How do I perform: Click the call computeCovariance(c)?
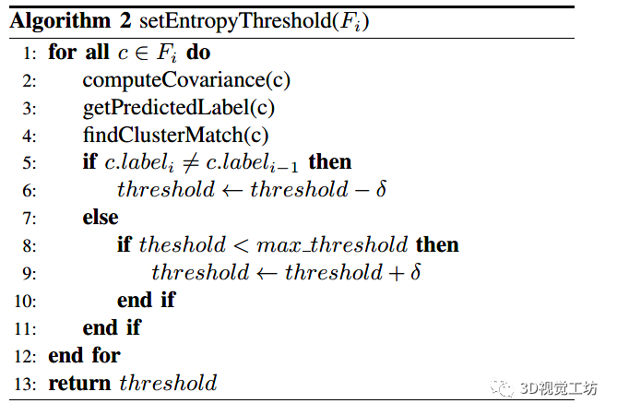[x=186, y=80]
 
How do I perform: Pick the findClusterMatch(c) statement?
[x=175, y=136]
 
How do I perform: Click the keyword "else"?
[x=100, y=218]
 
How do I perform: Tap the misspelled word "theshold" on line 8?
[x=182, y=245]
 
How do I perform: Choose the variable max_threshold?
[x=332, y=245]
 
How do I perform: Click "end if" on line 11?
[x=113, y=327]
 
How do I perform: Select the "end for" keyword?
[x=84, y=355]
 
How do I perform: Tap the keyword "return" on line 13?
[x=80, y=383]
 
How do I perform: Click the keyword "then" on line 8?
[x=437, y=245]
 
